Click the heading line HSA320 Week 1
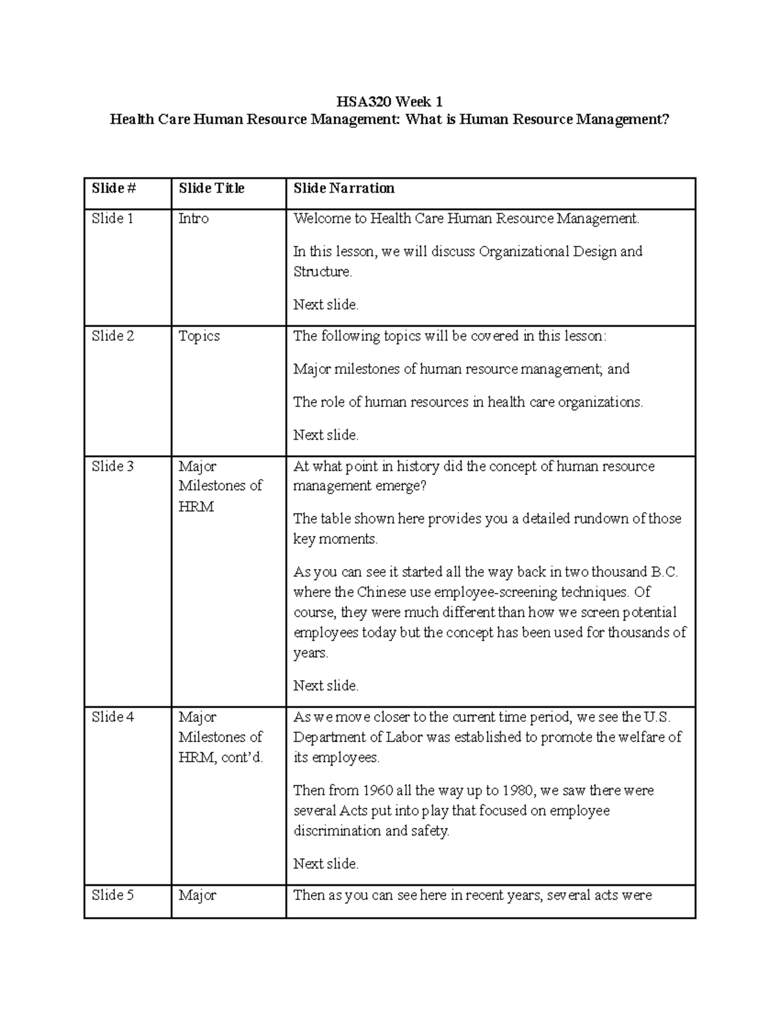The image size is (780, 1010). [x=389, y=101]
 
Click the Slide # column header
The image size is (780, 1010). [x=114, y=189]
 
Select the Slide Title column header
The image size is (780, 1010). [x=211, y=189]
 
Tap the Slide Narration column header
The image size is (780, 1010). [x=344, y=189]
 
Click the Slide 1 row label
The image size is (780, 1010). [x=112, y=219]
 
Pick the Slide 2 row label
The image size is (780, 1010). [x=112, y=336]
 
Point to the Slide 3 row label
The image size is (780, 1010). [x=112, y=466]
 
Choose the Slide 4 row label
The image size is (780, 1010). [x=112, y=717]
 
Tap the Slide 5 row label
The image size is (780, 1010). [x=112, y=896]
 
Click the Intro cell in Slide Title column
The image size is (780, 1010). [x=193, y=219]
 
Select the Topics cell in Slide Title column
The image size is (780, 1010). [x=199, y=336]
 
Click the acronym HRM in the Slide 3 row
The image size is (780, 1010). [x=196, y=507]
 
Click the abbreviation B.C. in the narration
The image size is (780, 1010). [x=664, y=572]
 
